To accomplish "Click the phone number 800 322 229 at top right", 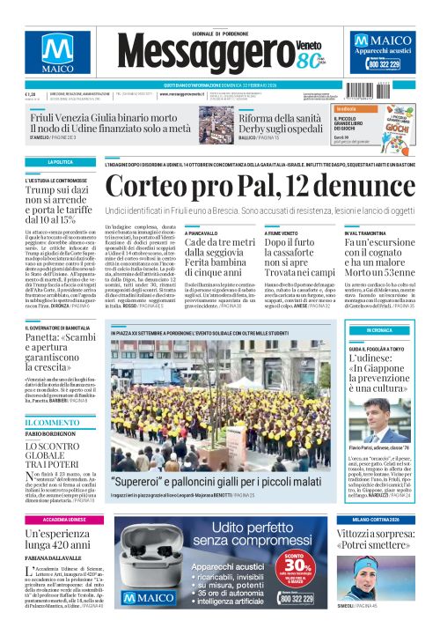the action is tap(389, 64).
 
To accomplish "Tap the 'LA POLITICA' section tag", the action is tap(61, 163).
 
